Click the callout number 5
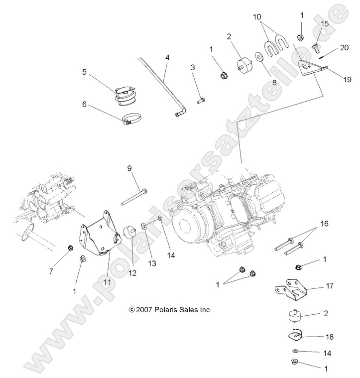pyautogui.click(x=85, y=72)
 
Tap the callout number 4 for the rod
pyautogui.click(x=167, y=57)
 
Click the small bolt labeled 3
pyautogui.click(x=200, y=100)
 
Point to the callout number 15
pyautogui.click(x=324, y=23)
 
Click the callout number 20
pyautogui.click(x=344, y=48)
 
